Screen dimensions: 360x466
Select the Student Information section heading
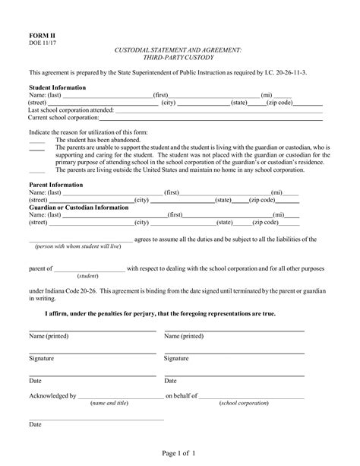pyautogui.click(x=57, y=87)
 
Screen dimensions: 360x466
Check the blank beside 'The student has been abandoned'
pyautogui.click(x=36, y=140)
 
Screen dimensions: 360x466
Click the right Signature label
pyautogui.click(x=176, y=357)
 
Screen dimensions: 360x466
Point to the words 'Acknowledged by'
pyautogui.click(x=52, y=395)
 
